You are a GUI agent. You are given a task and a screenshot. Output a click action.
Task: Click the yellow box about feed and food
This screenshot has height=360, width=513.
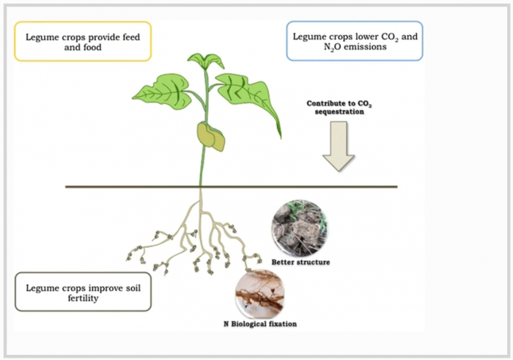(x=83, y=41)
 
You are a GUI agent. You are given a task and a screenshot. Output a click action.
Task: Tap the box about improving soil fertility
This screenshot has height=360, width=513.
(x=82, y=291)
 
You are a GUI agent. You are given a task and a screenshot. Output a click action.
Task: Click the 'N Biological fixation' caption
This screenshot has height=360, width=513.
(x=259, y=323)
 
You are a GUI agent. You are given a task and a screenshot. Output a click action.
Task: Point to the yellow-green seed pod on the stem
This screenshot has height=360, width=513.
(x=210, y=136)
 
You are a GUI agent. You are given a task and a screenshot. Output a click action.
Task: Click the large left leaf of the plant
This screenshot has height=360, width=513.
(x=162, y=92)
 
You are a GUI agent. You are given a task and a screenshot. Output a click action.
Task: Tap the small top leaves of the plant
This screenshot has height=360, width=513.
(x=204, y=60)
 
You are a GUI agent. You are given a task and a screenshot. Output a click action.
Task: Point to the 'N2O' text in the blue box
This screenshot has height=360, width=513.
(x=300, y=48)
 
